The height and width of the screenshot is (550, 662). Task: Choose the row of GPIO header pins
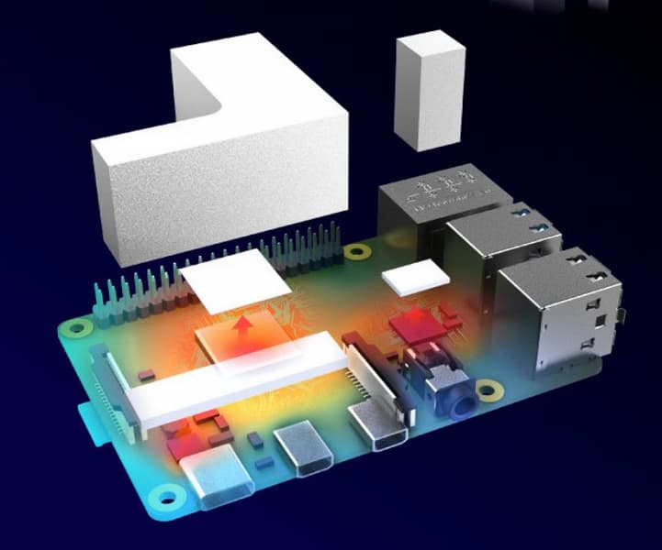(x=211, y=266)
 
